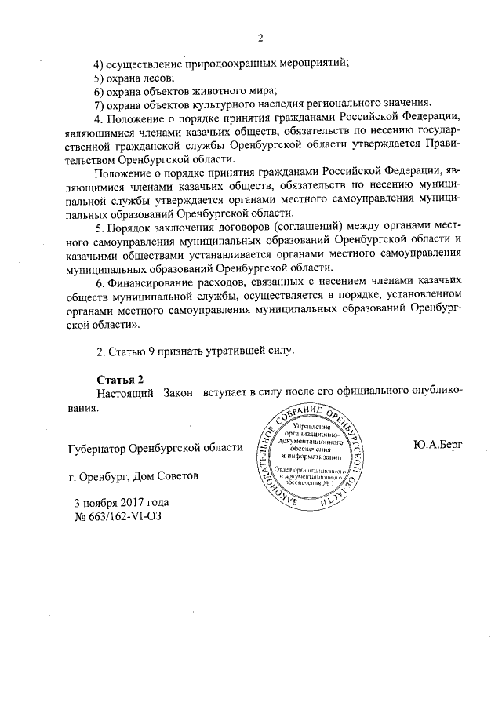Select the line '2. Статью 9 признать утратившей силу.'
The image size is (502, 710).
[x=195, y=349]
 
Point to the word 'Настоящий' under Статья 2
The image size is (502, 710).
[x=124, y=393]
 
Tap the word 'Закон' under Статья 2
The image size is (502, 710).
[x=179, y=393]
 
